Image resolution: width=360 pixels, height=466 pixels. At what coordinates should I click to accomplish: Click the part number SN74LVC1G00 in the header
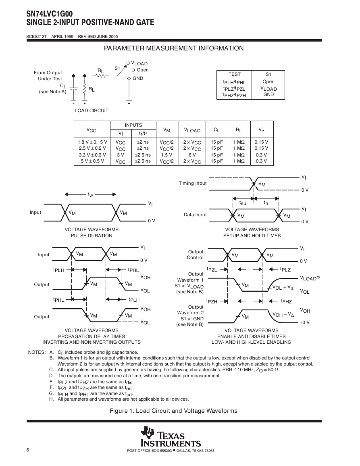tap(49, 14)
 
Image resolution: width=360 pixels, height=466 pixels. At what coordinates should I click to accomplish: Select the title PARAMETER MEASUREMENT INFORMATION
tap(174, 48)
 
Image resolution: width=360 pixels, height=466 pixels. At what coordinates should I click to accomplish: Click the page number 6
tap(28, 449)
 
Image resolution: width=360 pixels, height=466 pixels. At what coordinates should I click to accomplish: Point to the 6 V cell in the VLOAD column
tap(192, 155)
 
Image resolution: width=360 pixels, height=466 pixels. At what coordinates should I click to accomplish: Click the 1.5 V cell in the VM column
tap(166, 155)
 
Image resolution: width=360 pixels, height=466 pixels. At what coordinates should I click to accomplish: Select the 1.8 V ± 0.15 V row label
tap(92, 142)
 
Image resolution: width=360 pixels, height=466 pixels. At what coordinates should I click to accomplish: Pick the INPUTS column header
tap(133, 125)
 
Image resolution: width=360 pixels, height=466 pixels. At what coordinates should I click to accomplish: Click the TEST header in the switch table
tap(234, 74)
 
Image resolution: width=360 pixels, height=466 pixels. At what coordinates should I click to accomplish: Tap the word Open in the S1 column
tap(268, 81)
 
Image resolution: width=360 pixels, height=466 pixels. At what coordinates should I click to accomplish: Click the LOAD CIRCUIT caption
tap(92, 111)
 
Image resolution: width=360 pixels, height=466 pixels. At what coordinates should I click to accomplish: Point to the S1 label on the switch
tap(117, 68)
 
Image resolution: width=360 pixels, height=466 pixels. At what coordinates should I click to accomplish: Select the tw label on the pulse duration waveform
tap(90, 194)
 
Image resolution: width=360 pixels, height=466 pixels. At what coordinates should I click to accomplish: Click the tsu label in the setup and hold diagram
tap(243, 203)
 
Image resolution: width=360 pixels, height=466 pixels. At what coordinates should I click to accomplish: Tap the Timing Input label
tap(192, 183)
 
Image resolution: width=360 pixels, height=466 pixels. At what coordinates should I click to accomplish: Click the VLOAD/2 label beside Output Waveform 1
tap(310, 278)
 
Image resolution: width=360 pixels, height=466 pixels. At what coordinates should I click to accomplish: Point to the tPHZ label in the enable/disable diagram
tap(286, 301)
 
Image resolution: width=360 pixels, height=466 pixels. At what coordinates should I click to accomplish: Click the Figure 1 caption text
tap(174, 411)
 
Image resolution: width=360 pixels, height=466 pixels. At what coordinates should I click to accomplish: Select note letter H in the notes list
tap(51, 399)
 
